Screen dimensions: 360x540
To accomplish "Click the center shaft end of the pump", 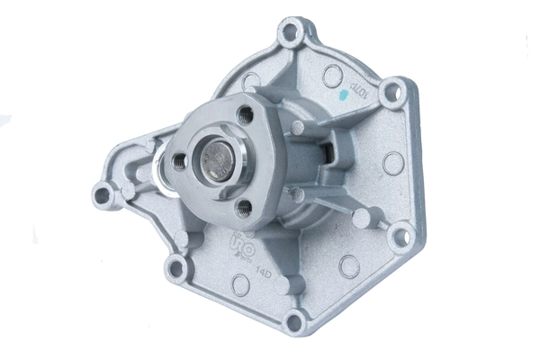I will (x=214, y=161).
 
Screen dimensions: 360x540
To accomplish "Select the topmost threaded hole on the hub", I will (x=244, y=115).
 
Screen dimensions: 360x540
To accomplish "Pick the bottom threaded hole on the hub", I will (x=244, y=208).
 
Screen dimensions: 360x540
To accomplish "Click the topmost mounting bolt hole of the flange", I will (x=290, y=35).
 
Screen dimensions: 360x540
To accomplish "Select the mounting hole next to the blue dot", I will (x=391, y=91).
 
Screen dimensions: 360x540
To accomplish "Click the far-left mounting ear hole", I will (x=103, y=193).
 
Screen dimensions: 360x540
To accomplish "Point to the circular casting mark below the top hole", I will (x=332, y=76).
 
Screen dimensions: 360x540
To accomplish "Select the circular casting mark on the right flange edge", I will (x=392, y=163).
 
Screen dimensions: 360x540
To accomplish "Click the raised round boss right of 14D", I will (x=286, y=284).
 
